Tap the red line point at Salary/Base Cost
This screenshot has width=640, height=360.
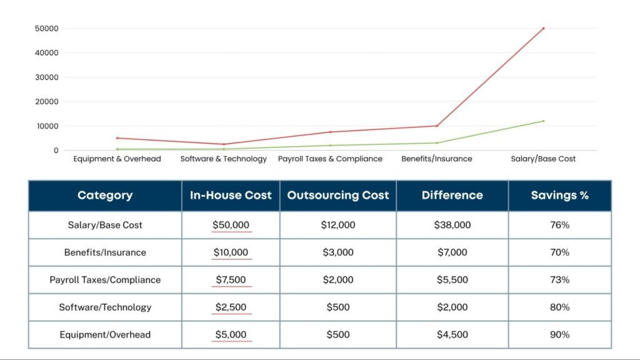(x=543, y=28)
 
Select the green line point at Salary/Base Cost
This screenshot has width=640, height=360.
(x=543, y=121)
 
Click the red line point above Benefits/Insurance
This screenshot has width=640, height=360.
(x=437, y=126)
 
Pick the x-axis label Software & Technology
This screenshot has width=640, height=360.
(x=223, y=159)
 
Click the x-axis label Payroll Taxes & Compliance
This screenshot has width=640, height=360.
(x=330, y=159)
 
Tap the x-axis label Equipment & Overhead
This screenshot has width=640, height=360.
(x=117, y=159)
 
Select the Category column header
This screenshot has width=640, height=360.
(x=105, y=195)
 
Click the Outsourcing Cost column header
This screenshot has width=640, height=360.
(x=337, y=195)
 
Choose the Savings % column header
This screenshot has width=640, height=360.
(x=559, y=195)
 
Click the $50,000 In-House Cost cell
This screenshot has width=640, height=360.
(x=231, y=225)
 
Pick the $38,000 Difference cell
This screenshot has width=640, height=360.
(x=452, y=225)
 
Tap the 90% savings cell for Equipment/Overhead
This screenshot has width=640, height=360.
(x=559, y=335)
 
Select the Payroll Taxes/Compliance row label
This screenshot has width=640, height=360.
(x=105, y=280)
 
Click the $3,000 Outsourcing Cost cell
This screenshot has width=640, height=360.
(x=337, y=252)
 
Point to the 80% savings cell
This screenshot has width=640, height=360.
(x=559, y=307)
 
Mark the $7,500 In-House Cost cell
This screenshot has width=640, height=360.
(x=231, y=280)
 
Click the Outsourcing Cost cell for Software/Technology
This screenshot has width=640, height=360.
(x=337, y=307)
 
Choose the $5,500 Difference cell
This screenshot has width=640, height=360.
(x=452, y=280)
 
